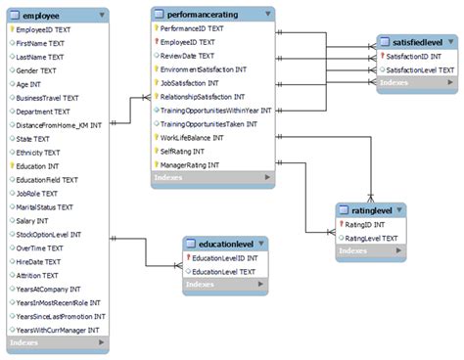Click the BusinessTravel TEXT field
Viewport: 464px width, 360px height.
(47, 98)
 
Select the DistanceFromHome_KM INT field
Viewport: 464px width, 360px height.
(60, 125)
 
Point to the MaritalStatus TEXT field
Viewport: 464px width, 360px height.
(45, 207)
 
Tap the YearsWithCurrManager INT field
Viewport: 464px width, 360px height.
(60, 331)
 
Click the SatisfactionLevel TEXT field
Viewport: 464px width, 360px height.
(421, 71)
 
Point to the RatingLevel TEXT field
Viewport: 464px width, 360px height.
(372, 238)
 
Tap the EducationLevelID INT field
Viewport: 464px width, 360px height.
(224, 258)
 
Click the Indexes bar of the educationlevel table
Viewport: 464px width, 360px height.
(224, 285)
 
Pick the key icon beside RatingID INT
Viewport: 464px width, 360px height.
(341, 224)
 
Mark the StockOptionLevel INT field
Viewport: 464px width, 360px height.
(49, 235)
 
